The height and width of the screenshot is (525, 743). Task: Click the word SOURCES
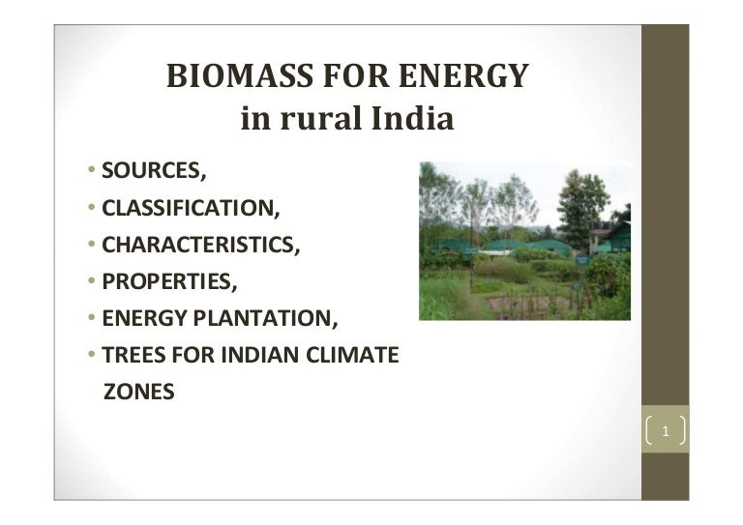[x=154, y=171]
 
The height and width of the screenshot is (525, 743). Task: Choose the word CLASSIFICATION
[x=191, y=208]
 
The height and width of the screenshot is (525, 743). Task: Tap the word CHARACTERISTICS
[x=201, y=246]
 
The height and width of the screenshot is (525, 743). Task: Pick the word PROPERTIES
[x=169, y=281]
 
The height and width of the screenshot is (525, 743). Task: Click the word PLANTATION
[x=265, y=318]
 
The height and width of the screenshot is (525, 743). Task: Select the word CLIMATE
[x=352, y=355]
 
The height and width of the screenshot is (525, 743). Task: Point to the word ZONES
[x=139, y=392]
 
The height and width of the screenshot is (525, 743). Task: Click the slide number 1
[x=666, y=431]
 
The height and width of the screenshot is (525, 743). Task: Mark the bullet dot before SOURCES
[x=92, y=169]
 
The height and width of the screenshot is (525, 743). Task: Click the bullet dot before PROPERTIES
[x=92, y=280]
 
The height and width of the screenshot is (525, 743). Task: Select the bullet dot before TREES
[x=92, y=354]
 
